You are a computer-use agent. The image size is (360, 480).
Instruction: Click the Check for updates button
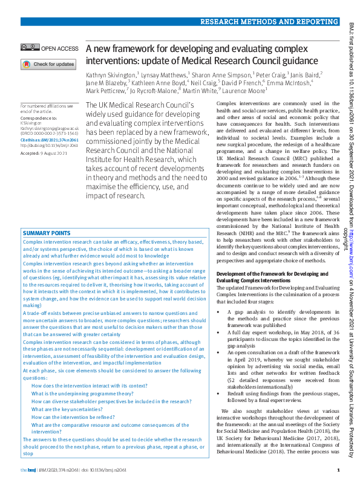point(48,64)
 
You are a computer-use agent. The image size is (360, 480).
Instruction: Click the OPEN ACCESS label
point(60,48)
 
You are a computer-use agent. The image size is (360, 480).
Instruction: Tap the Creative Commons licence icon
point(29,48)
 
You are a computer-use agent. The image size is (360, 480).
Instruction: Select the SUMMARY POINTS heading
point(47,233)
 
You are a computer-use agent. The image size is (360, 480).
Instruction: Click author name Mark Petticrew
point(105,91)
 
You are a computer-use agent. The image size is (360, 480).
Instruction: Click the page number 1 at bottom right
point(338,470)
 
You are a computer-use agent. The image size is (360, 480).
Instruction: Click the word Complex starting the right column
point(227,104)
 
